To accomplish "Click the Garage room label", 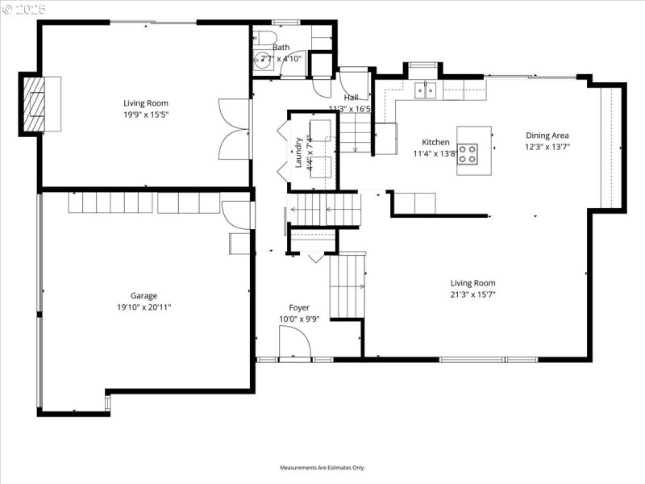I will (x=144, y=295).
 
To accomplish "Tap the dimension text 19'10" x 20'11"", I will (x=144, y=307).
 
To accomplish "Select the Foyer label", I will (x=299, y=307).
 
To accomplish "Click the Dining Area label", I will (x=547, y=136).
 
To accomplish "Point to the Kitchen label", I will (x=435, y=142).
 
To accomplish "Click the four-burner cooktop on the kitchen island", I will (x=468, y=153).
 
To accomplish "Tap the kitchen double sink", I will (x=426, y=90).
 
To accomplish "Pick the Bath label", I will (x=280, y=48).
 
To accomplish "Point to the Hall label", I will (x=351, y=98).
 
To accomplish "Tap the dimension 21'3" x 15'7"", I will (x=472, y=294).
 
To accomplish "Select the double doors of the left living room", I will (x=233, y=129).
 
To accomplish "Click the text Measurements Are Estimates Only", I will (x=322, y=468).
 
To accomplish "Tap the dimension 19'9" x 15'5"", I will (x=146, y=115).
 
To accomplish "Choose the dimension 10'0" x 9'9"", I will (x=299, y=319).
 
